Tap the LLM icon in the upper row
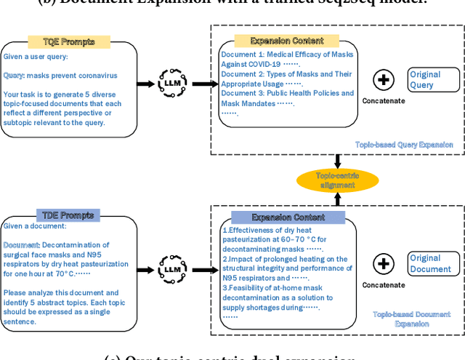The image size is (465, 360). click(171, 82)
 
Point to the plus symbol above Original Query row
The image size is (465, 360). click(384, 79)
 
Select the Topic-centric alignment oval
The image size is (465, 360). click(336, 180)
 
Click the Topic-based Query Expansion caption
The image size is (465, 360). click(404, 145)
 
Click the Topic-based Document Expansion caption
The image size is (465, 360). click(411, 319)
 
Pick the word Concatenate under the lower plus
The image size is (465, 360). click(384, 286)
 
